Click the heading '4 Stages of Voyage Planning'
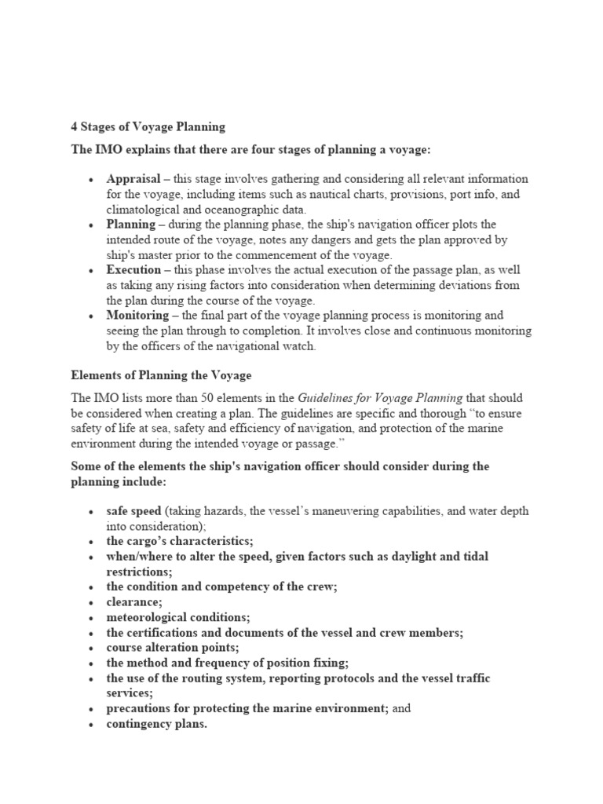pos(148,126)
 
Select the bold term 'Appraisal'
pos(133,179)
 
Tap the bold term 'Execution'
pos(134,270)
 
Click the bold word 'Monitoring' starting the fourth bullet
pos(137,316)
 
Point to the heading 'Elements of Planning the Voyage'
pos(161,375)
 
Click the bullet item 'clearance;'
pos(134,602)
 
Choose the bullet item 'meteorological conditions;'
pos(177,617)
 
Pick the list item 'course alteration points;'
pos(173,648)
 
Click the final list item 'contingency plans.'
pos(156,724)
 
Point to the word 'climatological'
pos(144,210)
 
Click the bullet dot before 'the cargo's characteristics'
pos(93,543)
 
